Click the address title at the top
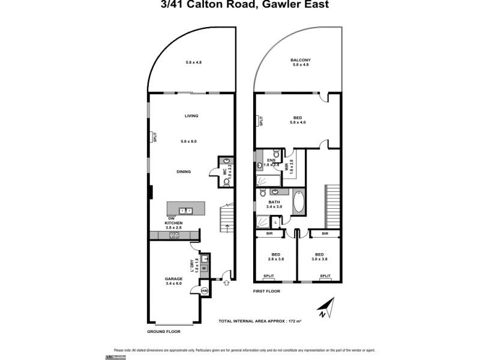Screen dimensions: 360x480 (x=240, y=5)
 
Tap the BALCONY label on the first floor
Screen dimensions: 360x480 (x=300, y=60)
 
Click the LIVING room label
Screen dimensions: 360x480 (x=191, y=116)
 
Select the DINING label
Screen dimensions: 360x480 (x=184, y=172)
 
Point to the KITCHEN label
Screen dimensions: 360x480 (x=173, y=223)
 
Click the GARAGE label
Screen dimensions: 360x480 (x=173, y=279)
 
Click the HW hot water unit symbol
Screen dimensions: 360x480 (x=204, y=290)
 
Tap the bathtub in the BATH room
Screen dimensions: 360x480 (x=299, y=202)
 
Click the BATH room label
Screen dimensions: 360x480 (x=274, y=202)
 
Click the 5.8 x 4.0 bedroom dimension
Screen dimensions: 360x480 (x=298, y=122)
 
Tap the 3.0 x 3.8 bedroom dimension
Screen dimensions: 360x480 (x=319, y=259)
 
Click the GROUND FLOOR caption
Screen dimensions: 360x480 (x=163, y=331)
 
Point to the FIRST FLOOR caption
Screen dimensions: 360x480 (x=266, y=291)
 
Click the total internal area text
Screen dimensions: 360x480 (x=260, y=322)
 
